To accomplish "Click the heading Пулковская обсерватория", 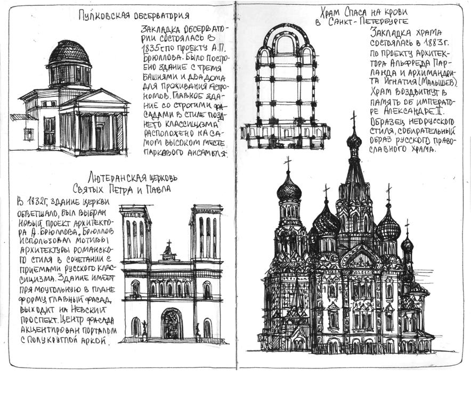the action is [133, 15].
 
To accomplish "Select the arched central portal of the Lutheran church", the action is [172, 323].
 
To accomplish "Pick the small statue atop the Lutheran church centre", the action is [169, 248].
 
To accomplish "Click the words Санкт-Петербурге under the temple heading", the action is [368, 22].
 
